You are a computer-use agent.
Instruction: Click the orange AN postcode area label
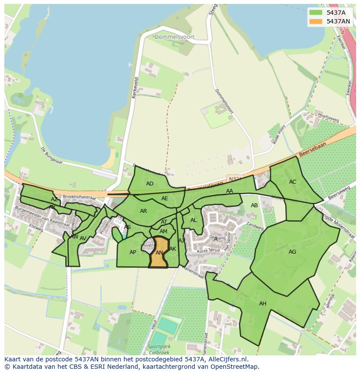tap(159, 253)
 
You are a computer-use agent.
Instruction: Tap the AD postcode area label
tap(150, 184)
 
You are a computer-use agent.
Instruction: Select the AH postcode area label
tap(263, 304)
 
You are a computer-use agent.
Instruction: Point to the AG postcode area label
tap(292, 252)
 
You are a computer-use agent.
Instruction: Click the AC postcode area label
tap(293, 182)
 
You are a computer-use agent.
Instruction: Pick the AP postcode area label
tap(133, 252)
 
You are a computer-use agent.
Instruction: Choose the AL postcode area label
tap(193, 220)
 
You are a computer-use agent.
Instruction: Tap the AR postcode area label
tap(143, 211)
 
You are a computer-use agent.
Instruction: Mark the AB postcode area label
tap(254, 205)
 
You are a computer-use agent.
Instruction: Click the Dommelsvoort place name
tap(174, 37)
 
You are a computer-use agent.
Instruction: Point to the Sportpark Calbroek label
tap(160, 350)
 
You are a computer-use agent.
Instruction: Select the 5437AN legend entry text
tap(338, 21)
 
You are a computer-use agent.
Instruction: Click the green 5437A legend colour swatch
tap(316, 13)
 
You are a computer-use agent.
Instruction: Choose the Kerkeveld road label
tap(136, 88)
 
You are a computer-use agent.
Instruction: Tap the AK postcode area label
tap(173, 249)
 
